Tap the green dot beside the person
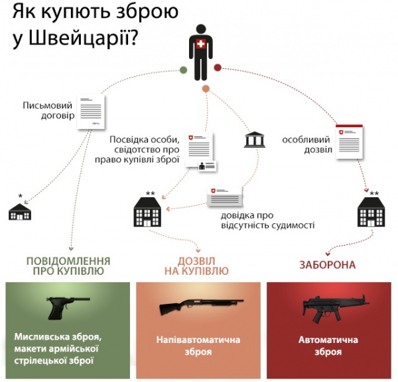(x=184, y=71)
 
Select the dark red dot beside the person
(x=217, y=67)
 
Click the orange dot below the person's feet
(x=206, y=89)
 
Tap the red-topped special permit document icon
(x=350, y=142)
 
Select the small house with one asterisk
(x=20, y=211)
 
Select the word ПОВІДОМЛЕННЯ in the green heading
(x=68, y=260)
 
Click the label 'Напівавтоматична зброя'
(x=198, y=346)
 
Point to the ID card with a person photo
(x=208, y=166)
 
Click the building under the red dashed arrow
(x=369, y=213)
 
